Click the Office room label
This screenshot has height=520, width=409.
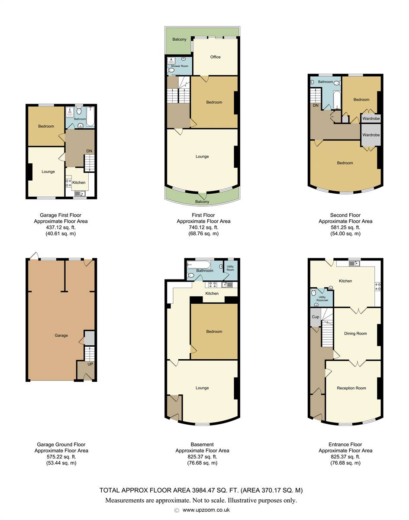(x=216, y=57)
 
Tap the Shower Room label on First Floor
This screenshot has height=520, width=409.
(x=180, y=66)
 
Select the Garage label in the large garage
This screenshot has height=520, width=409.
(x=61, y=335)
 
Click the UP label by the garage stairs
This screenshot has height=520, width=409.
(x=90, y=364)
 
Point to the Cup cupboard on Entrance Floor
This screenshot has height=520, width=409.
(x=316, y=317)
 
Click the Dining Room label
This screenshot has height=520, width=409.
(x=355, y=334)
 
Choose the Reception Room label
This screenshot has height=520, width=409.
(x=351, y=388)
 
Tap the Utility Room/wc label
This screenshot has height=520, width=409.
(x=322, y=299)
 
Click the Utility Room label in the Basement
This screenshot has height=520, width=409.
(x=230, y=268)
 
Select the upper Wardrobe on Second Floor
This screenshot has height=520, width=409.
(x=371, y=119)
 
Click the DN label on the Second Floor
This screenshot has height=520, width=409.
(x=316, y=105)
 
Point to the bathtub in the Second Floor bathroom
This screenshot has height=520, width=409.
(x=337, y=100)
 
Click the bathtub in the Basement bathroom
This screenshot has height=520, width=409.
(x=199, y=265)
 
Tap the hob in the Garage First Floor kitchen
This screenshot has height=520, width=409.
(x=68, y=183)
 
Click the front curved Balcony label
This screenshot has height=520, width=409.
(x=202, y=201)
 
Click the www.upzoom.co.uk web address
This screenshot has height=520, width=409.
(x=206, y=510)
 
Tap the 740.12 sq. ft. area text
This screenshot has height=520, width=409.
(x=203, y=227)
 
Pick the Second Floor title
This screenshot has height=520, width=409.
(x=345, y=215)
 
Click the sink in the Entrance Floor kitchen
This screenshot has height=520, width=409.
(x=354, y=263)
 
